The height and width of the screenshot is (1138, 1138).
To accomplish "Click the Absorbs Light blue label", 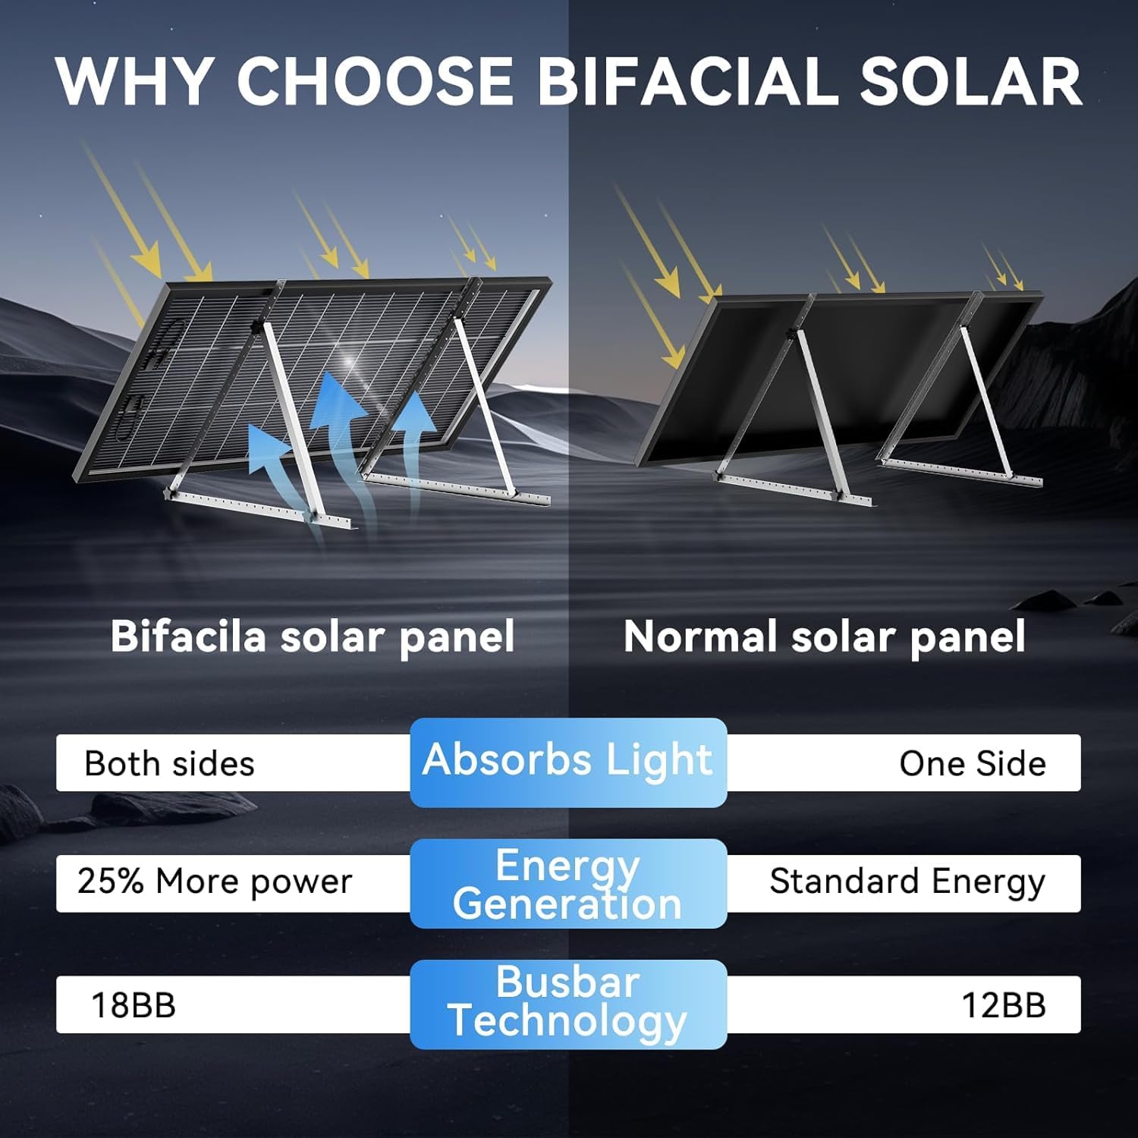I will pos(568,761).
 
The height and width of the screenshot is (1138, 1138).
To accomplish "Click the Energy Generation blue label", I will pos(568,884).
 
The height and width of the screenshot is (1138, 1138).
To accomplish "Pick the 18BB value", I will pos(134,1005).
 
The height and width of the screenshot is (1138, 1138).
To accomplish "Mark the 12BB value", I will pos(1003,1005).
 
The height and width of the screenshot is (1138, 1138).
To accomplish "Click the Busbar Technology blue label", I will pos(568,1003).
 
